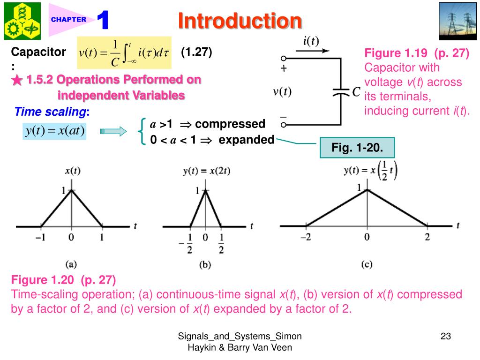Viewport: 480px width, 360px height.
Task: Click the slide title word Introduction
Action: [x=240, y=21]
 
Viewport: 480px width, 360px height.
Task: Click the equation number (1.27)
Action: [x=197, y=52]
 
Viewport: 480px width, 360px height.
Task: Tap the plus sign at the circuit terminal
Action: [x=284, y=68]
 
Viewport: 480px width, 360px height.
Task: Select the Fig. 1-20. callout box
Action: [x=357, y=148]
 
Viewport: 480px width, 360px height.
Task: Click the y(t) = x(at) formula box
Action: [x=54, y=131]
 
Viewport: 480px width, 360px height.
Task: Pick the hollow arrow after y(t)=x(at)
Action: [x=113, y=131]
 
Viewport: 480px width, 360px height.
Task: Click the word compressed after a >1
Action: [x=230, y=124]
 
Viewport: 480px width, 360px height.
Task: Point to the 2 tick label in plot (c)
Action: [x=427, y=237]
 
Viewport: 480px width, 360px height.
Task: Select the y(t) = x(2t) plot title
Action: [x=206, y=171]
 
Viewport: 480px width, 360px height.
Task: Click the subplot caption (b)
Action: [x=205, y=265]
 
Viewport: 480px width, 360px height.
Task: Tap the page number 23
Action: [x=445, y=336]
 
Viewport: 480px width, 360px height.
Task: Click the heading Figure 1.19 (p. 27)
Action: [x=417, y=53]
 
